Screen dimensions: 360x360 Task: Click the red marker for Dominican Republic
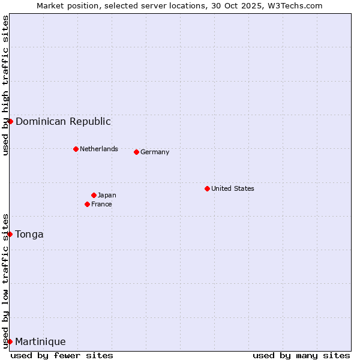10,121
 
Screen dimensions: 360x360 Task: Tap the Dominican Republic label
63,122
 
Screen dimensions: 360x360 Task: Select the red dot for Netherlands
76,149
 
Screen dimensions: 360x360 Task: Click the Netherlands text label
99,149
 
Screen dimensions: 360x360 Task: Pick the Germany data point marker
136,152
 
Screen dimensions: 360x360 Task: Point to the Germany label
155,152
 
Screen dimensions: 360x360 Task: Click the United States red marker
207,188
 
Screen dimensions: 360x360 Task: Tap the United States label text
233,188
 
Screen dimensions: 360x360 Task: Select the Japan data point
94,195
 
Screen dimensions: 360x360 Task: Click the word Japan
107,195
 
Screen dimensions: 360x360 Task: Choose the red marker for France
87,204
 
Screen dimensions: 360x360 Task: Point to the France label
101,204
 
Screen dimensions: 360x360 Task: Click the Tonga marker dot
10,234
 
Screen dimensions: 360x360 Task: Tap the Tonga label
29,235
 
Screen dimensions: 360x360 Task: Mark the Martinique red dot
10,341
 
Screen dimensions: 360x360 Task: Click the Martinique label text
40,342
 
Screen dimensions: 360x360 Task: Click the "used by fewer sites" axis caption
62,355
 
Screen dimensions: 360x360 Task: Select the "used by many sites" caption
301,355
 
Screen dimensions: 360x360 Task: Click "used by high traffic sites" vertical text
5,85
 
